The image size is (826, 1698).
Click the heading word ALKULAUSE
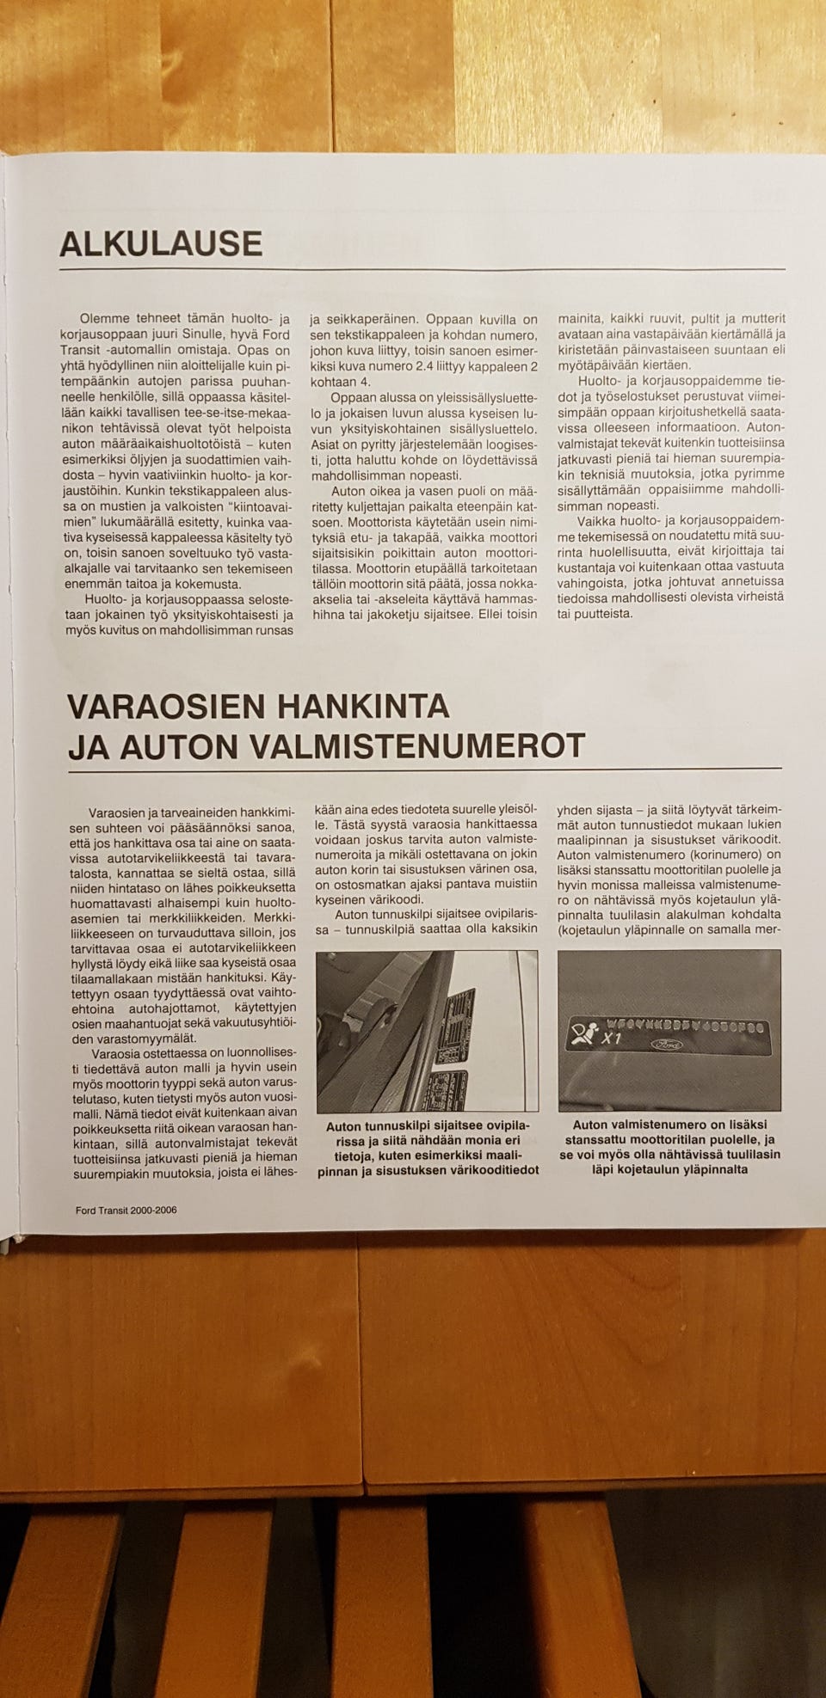(161, 243)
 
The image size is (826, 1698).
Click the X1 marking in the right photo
(612, 1039)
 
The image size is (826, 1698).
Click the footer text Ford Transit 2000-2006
(126, 1210)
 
